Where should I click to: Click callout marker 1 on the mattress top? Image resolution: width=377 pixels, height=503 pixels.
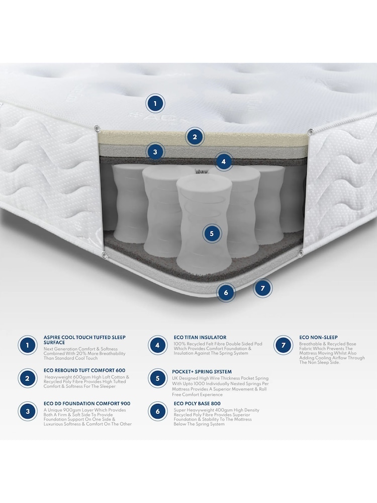point(155,104)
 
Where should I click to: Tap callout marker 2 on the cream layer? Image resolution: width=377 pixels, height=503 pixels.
point(195,136)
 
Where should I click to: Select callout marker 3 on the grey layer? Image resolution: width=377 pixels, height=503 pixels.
point(155,151)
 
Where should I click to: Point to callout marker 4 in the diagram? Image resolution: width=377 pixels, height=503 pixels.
point(224,161)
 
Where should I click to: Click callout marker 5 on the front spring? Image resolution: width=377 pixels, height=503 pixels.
point(212,233)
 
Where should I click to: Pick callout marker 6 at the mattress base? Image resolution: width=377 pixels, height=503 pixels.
point(226,292)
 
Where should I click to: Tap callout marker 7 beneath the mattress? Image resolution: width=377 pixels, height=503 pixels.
point(262,288)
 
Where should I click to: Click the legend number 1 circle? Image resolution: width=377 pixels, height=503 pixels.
point(28,346)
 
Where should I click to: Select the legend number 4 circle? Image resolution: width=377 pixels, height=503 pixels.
point(158,346)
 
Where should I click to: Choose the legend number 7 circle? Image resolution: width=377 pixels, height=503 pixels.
point(284,346)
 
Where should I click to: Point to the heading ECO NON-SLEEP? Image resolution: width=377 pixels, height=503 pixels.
point(318,338)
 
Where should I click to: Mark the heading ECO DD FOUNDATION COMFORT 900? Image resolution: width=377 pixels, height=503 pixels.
point(87,403)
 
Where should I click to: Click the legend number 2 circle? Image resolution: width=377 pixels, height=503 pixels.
point(28,378)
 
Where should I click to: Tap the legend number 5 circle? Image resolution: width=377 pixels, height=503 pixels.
point(158,378)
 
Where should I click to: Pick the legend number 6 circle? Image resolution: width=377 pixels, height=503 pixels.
point(158,411)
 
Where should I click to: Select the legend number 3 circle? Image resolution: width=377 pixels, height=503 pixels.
point(28,411)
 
